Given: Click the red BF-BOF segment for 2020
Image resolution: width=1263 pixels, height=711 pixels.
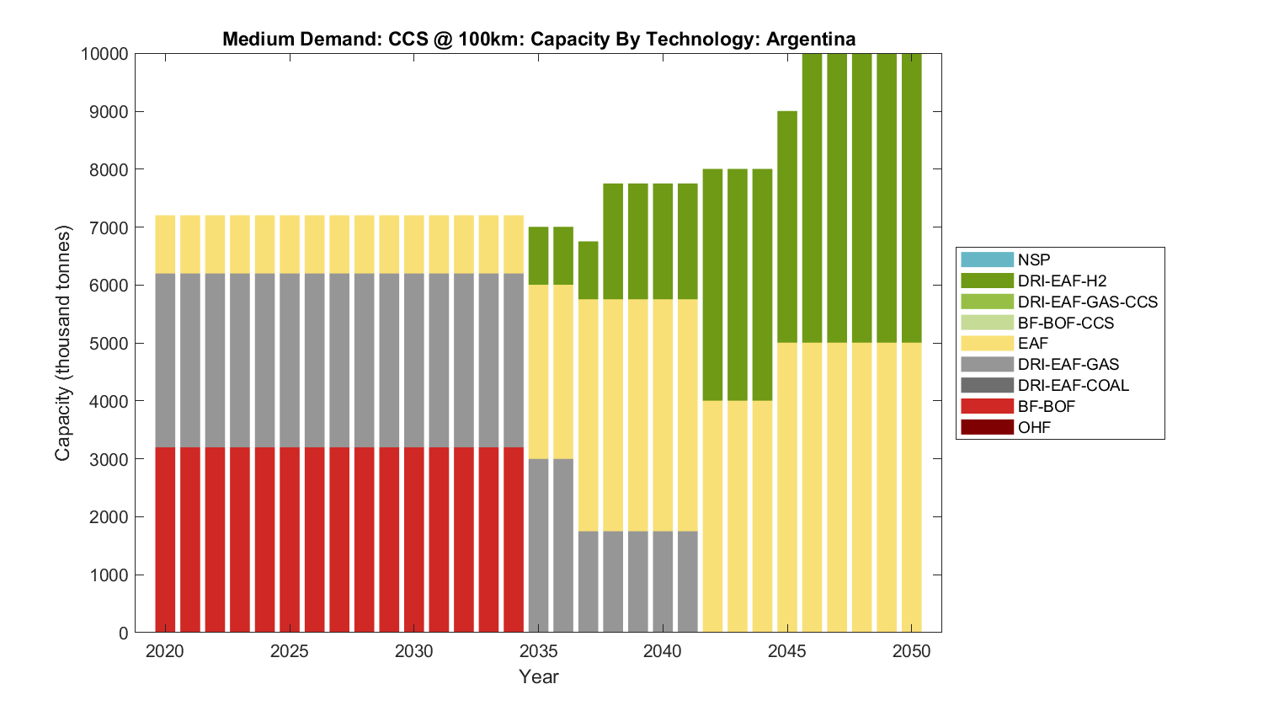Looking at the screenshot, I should (165, 539).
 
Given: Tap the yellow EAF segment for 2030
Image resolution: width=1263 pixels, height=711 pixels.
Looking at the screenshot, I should (414, 244).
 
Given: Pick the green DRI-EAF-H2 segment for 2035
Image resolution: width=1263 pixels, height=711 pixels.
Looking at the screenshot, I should (538, 255).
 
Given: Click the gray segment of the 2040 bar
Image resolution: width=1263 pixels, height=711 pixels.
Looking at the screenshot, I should (663, 581).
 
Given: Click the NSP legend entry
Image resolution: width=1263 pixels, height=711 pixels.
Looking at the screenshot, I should (1034, 260).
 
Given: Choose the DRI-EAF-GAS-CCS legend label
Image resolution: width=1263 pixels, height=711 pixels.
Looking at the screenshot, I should (1087, 302).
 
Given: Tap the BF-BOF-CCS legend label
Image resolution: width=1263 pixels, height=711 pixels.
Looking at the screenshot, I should (1065, 323).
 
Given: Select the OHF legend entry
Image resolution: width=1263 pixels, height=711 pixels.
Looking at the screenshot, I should (1034, 427).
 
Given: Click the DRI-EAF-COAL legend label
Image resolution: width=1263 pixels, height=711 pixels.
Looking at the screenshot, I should (1073, 385).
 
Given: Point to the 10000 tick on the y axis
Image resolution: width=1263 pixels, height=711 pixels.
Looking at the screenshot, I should (104, 54).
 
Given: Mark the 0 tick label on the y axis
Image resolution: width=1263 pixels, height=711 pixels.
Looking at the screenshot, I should (124, 633).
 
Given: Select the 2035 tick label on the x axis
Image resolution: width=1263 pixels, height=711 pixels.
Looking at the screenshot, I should (538, 651).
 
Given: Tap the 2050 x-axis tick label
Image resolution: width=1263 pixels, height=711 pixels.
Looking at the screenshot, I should (912, 651).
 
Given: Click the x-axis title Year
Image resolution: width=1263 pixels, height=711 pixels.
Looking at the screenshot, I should (538, 676).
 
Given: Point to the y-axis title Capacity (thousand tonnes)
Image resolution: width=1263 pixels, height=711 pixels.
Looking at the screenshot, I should (63, 343).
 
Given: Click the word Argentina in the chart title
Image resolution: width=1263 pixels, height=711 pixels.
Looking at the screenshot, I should (811, 39).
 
